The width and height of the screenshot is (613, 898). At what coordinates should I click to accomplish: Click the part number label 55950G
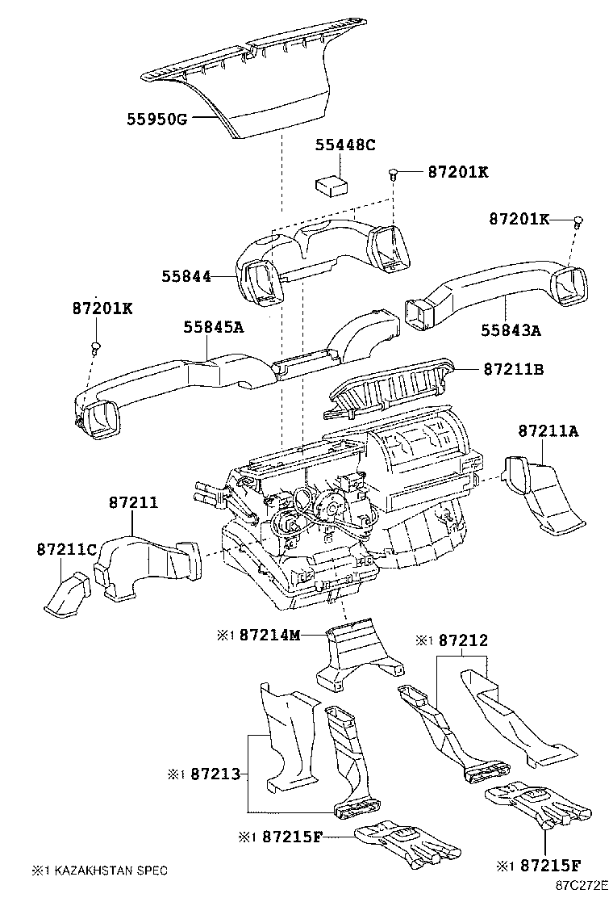tap(156, 120)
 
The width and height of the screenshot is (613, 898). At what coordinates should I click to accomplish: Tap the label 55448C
tap(345, 145)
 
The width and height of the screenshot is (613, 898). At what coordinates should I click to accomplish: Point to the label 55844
tap(186, 277)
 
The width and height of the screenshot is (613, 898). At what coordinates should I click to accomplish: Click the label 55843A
tap(511, 330)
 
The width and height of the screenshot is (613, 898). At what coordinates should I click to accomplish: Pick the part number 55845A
tap(213, 327)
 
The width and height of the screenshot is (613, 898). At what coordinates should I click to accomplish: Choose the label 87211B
tap(514, 369)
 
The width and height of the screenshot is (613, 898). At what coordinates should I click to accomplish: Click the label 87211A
tap(548, 430)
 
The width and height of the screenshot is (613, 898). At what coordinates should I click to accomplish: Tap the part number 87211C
tap(67, 550)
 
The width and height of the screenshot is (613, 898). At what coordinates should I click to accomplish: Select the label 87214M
tap(270, 635)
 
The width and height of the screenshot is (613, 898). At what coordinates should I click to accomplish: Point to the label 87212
tap(463, 640)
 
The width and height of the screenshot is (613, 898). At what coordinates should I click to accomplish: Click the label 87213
tap(215, 774)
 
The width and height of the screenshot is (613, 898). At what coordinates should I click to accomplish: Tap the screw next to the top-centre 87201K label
tap(393, 174)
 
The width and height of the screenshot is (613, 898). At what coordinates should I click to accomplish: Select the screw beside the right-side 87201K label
tap(578, 220)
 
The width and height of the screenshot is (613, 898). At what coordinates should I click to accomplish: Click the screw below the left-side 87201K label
tap(95, 347)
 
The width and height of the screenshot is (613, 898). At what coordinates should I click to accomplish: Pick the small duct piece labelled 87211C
tap(68, 596)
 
